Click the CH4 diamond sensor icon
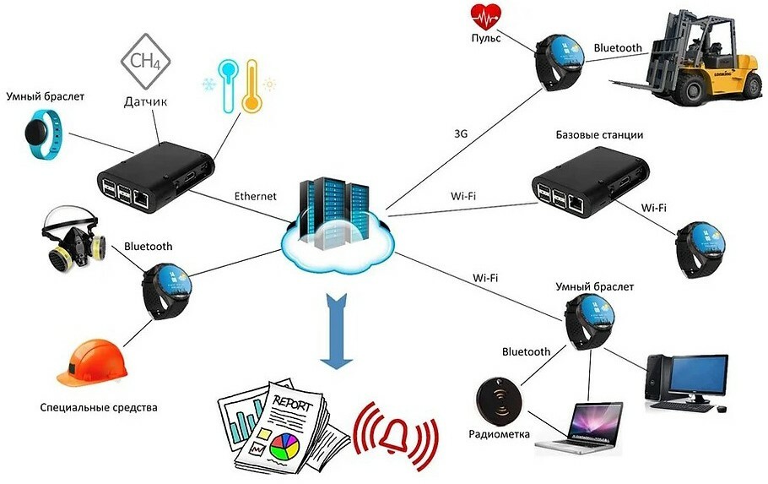[145, 62]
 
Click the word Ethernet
[255, 196]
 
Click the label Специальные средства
[99, 407]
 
